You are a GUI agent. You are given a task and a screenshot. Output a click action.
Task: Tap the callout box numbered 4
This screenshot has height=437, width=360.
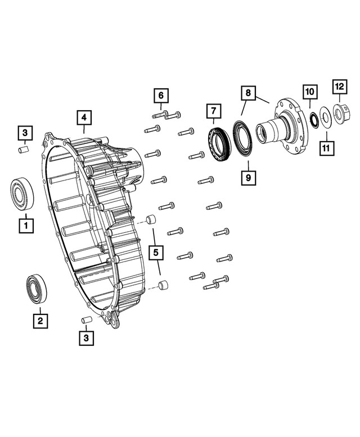point(83,118)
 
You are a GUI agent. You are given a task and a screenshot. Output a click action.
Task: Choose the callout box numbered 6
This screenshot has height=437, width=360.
point(160,95)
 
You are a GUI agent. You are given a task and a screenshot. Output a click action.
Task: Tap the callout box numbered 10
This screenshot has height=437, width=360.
point(310,92)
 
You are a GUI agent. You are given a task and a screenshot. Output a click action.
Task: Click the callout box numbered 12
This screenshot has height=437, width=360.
point(339,87)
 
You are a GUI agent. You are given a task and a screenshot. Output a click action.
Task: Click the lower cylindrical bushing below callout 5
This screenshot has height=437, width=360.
point(163,285)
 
